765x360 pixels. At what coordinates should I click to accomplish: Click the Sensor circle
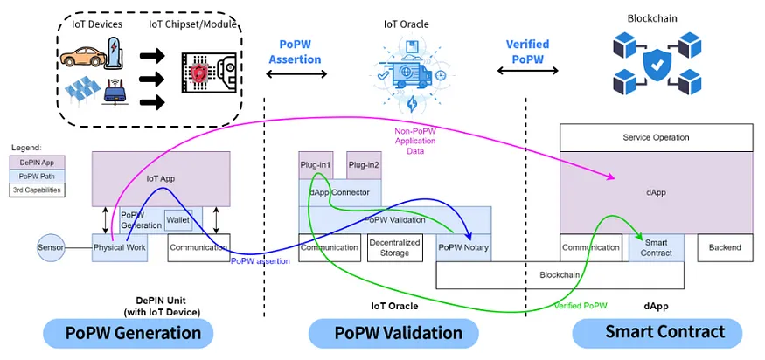[x=51, y=247]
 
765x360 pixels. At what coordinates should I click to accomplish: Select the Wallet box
[x=178, y=220]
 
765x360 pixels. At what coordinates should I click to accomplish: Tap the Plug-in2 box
[x=364, y=165]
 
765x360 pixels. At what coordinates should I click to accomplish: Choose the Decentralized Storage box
[x=394, y=248]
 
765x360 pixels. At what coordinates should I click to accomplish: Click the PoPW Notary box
[x=463, y=248]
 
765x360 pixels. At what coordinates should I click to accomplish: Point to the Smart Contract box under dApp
[x=657, y=248]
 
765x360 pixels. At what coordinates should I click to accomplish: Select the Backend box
[x=725, y=248]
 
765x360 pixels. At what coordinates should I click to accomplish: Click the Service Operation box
[x=657, y=137]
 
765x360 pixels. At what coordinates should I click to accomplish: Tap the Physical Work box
[x=120, y=248]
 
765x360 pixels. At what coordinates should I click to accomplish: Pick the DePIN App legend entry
[x=38, y=163]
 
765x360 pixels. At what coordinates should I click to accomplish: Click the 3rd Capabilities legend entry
[x=38, y=190]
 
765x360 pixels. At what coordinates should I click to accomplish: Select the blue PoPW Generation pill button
[x=129, y=333]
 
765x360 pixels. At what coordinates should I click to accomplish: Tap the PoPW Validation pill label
[x=393, y=333]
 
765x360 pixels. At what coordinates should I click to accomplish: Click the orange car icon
[x=83, y=57]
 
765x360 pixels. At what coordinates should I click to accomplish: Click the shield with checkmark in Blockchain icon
[x=657, y=65]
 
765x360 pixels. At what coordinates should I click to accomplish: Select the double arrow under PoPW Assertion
[x=296, y=74]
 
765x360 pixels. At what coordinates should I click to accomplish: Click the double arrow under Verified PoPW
[x=527, y=71]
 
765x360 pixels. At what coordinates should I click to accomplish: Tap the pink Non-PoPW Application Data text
[x=414, y=141]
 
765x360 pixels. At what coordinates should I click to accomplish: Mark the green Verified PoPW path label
[x=581, y=306]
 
